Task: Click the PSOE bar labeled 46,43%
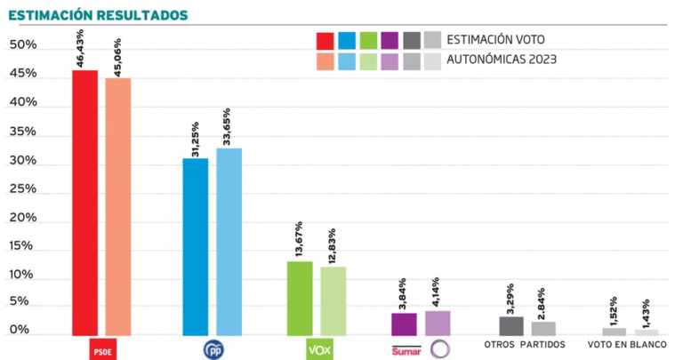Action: pyautogui.click(x=84, y=203)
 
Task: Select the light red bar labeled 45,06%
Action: pyautogui.click(x=118, y=206)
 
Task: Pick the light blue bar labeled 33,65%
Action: pyautogui.click(x=229, y=242)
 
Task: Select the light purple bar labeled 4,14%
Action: pyautogui.click(x=438, y=323)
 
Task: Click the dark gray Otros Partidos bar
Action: pyautogui.click(x=511, y=325)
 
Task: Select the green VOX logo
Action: pyautogui.click(x=318, y=349)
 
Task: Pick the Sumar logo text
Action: pyautogui.click(x=405, y=350)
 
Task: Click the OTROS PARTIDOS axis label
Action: pyautogui.click(x=526, y=344)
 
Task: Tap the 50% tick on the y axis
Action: pyautogui.click(x=23, y=44)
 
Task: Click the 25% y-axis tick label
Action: pyautogui.click(x=23, y=188)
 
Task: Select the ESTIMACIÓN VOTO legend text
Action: pyautogui.click(x=495, y=39)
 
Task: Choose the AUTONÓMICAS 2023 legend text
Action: pyautogui.click(x=502, y=60)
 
